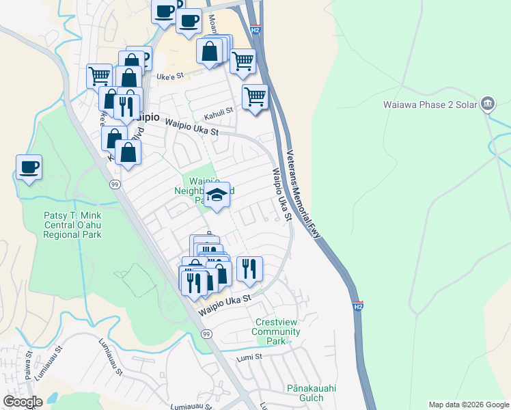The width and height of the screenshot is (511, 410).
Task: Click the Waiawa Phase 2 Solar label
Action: (429, 104)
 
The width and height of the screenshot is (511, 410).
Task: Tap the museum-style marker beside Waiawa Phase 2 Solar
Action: (488, 104)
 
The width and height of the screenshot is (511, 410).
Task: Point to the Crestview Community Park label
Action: (275, 331)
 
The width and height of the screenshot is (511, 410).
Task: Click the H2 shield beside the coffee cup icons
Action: (255, 30)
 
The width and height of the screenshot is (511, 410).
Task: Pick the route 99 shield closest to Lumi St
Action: (206, 333)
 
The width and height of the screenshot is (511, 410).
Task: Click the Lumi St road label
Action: (250, 357)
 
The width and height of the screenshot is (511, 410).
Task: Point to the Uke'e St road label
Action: (167, 77)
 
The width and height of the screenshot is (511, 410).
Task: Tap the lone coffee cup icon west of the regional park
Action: (29, 167)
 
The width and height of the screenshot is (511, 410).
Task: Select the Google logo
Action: (23, 402)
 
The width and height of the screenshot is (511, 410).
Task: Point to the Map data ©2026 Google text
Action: (468, 405)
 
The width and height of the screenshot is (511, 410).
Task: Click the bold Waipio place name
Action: (145, 117)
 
